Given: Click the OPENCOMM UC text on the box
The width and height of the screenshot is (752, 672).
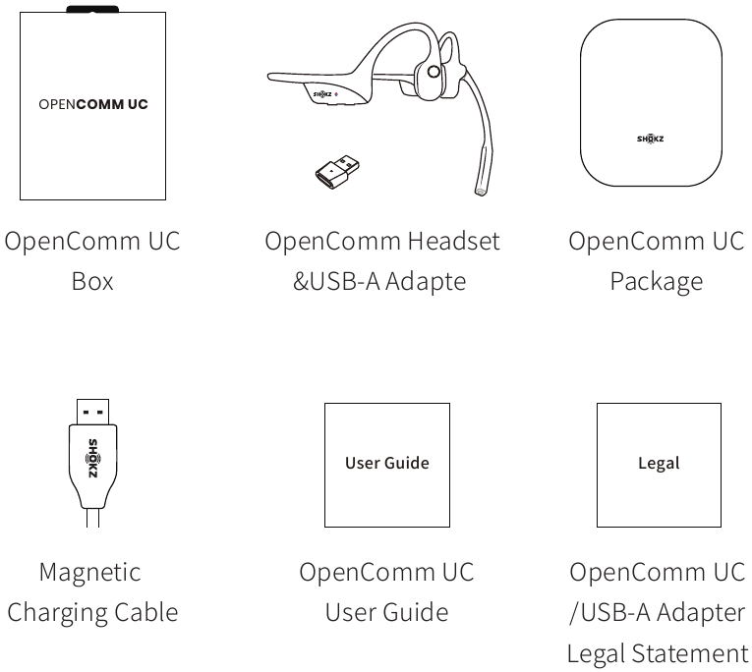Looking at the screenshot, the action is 93,104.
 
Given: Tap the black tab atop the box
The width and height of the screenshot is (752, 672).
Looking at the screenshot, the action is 92,9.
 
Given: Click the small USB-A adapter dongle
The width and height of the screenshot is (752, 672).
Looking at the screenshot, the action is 337,172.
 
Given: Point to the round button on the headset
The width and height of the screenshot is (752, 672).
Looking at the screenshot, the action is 434,72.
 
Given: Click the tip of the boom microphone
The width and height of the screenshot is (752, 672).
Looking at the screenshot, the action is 480,192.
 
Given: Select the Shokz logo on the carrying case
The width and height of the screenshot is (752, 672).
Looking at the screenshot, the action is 651,139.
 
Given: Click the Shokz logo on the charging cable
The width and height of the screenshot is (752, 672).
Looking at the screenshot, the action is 93,458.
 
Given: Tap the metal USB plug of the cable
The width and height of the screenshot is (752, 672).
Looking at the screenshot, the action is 92,412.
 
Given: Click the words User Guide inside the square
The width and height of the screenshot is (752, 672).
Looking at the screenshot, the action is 387,463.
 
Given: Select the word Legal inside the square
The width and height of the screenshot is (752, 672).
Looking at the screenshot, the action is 659,464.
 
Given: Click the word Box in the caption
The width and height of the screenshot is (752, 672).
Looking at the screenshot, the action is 92,281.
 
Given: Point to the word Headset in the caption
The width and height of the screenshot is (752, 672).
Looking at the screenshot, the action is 454,241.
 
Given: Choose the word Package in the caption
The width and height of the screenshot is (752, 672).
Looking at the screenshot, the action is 657,282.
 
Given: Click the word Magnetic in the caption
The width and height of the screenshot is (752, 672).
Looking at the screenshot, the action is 89,572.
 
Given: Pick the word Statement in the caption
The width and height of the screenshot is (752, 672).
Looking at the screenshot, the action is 690,653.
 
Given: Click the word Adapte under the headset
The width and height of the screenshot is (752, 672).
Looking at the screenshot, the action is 426,282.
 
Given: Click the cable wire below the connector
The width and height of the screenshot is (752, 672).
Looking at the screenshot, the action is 93,518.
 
